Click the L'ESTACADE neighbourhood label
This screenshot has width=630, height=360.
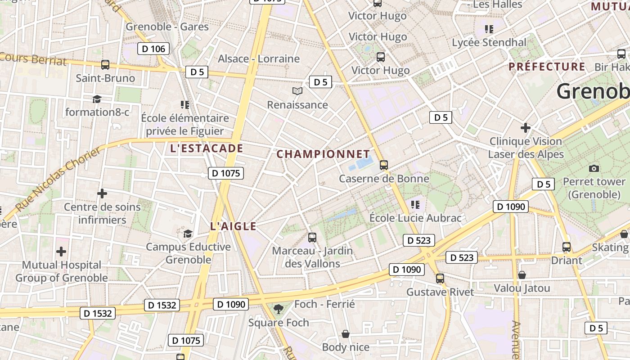[x=207, y=148]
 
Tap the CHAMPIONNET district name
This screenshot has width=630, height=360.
[x=323, y=154]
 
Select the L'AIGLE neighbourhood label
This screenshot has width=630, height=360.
[x=233, y=227]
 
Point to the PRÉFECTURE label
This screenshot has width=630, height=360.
[x=547, y=67]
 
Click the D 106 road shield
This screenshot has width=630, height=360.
[x=153, y=49]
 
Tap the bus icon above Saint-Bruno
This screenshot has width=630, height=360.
[x=105, y=65]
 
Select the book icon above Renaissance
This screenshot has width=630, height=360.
[x=297, y=91]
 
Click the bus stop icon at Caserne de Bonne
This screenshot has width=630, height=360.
[x=384, y=165]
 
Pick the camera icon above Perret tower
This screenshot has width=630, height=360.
[x=594, y=169]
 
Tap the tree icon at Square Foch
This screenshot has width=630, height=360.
[x=279, y=309]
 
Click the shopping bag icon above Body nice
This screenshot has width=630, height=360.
[x=346, y=334]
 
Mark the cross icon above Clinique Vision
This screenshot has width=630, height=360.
[x=526, y=128]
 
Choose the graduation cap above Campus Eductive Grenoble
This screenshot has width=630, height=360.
[x=188, y=234]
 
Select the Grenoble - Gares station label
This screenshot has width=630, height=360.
[x=167, y=27]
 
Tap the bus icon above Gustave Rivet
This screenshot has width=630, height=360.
[x=440, y=279]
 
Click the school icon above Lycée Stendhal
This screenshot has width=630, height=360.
[x=489, y=30]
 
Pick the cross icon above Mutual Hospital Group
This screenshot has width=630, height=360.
[x=61, y=252]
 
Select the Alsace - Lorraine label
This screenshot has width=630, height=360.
[x=259, y=59]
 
